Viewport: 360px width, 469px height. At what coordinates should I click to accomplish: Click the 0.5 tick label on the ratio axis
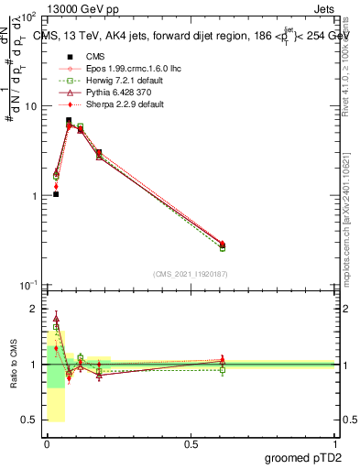(31, 420)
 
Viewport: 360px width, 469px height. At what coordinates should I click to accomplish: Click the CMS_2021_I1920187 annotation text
(191, 274)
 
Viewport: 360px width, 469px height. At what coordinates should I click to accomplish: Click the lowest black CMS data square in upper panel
(56, 194)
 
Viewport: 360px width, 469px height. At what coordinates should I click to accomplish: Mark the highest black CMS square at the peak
(69, 120)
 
